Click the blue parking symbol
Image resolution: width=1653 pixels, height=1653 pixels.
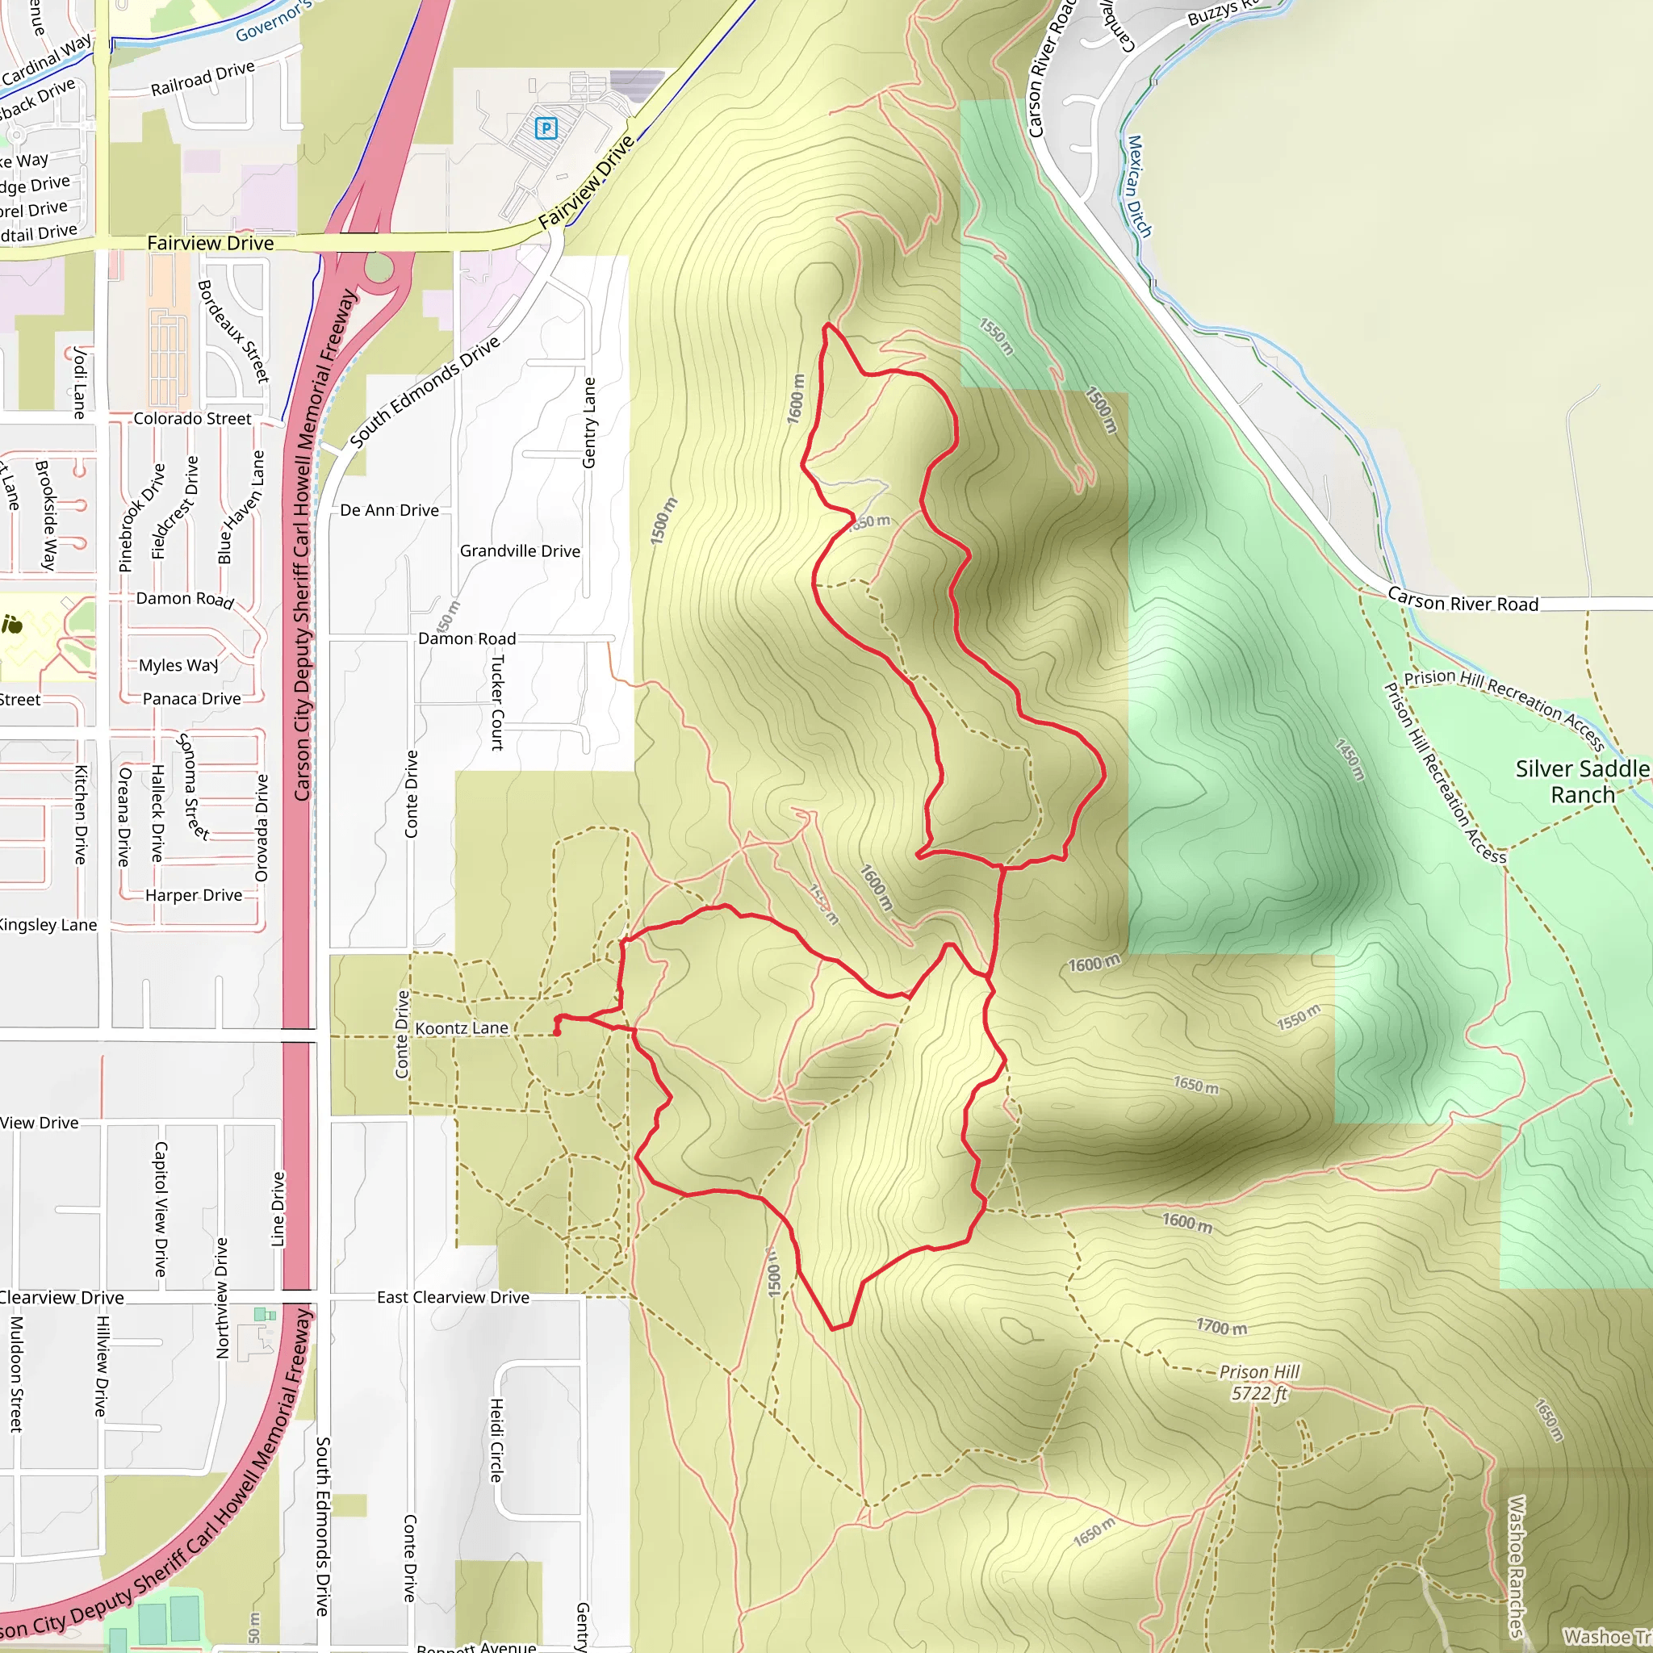point(546,128)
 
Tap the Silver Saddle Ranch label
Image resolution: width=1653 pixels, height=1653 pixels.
point(1582,782)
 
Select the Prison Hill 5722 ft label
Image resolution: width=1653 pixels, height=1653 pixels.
point(1258,1383)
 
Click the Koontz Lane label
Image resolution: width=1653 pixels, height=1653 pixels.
point(461,1028)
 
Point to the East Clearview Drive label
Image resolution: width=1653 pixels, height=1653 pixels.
point(453,1298)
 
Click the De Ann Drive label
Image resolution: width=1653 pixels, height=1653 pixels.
point(389,511)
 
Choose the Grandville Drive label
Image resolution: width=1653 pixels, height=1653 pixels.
point(519,552)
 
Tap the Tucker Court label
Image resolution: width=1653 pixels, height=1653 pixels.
point(497,702)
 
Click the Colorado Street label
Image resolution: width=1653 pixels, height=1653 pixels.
point(193,419)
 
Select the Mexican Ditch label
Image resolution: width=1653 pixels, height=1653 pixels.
point(1139,186)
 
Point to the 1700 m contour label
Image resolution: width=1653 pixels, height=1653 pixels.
point(1221,1327)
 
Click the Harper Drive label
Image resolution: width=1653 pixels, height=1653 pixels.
point(194,896)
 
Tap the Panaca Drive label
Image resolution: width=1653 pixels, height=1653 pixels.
point(191,700)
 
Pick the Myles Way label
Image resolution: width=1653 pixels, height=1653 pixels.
point(178,666)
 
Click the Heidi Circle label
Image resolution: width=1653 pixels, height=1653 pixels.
point(496,1440)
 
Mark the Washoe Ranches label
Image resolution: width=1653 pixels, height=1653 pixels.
point(1516,1566)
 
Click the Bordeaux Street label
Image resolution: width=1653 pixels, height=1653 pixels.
point(232,331)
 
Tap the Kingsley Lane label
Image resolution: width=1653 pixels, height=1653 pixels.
point(48,926)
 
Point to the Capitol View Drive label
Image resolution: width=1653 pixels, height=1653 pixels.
point(160,1209)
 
